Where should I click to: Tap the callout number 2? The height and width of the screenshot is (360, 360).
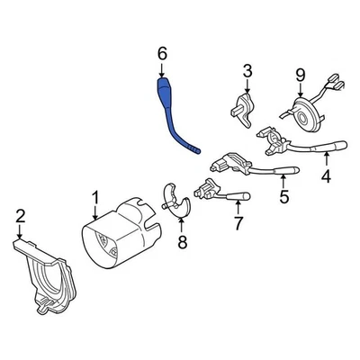click(x=21, y=214)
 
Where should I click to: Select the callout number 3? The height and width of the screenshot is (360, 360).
click(x=247, y=70)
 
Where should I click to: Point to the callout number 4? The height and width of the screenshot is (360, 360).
click(x=326, y=176)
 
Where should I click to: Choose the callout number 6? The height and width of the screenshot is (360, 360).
click(x=162, y=56)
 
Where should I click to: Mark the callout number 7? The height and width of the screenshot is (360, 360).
click(x=238, y=222)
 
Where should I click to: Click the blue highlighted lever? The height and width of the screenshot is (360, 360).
click(x=175, y=112)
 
